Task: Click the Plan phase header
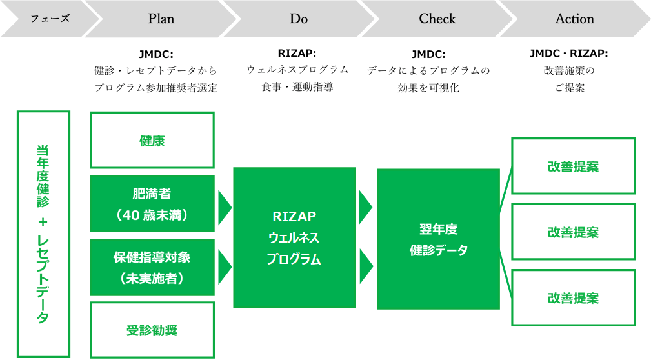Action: (x=161, y=19)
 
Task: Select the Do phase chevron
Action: (x=299, y=19)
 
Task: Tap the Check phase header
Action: (x=437, y=19)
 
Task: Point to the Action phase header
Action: (x=574, y=19)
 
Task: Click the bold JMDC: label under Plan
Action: (x=155, y=54)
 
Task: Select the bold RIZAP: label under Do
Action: (x=297, y=53)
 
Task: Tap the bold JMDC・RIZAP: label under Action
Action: (x=568, y=54)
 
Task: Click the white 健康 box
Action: (x=152, y=141)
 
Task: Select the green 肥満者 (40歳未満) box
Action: (x=152, y=204)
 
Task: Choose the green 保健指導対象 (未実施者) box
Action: (x=152, y=267)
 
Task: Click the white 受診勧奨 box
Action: (x=152, y=330)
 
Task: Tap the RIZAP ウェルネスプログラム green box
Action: (x=294, y=237)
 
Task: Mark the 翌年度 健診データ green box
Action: (x=438, y=239)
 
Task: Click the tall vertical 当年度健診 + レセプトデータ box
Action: (x=43, y=234)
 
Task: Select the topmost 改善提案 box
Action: (x=573, y=166)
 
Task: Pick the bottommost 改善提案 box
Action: (x=573, y=297)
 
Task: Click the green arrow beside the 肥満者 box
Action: (x=225, y=205)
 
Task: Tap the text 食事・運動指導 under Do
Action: (x=297, y=87)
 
